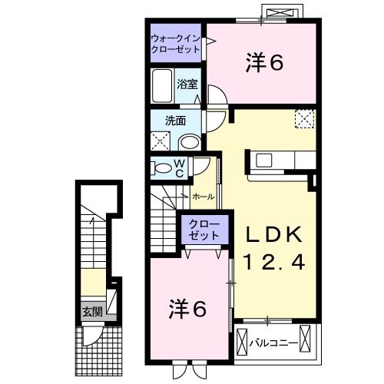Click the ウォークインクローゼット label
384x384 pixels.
coord(176,43)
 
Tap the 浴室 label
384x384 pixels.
coord(187,84)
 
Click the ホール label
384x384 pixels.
coord(204,197)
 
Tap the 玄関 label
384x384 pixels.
coord(92,312)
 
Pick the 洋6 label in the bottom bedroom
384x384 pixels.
coord(187,309)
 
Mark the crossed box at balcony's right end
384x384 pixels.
coord(309,339)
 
